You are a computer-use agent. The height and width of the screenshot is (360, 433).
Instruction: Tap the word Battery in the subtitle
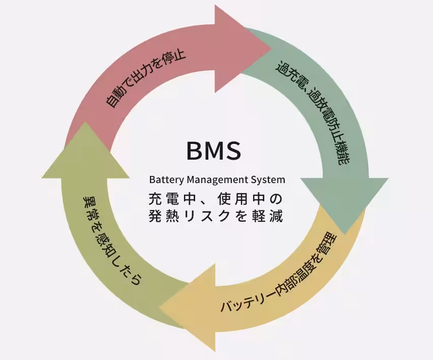coord(167,179)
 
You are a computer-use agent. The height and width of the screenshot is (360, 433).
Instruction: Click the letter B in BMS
coord(194,151)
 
